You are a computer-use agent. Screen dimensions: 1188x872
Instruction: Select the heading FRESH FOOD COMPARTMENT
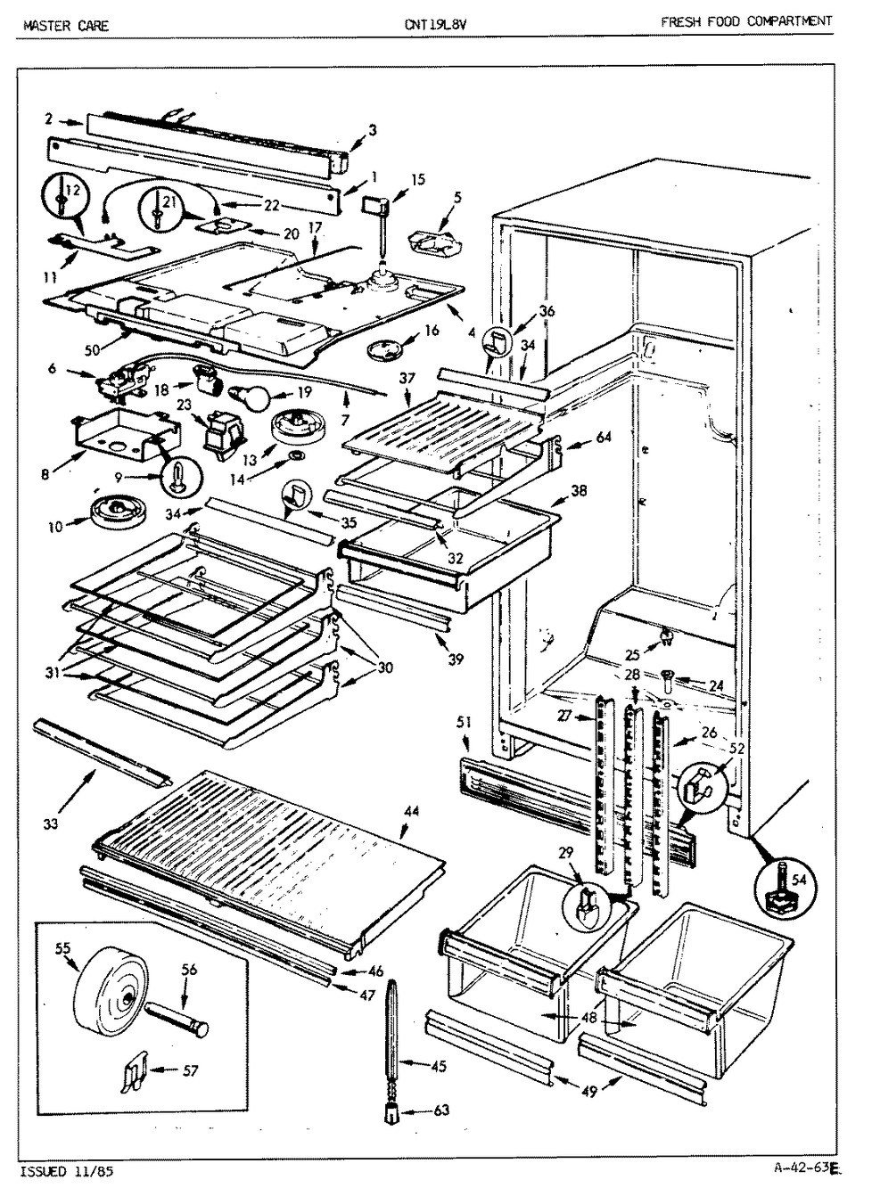[747, 21]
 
